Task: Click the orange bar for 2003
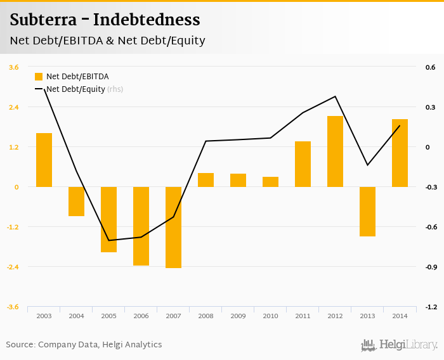44,160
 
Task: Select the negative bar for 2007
173,227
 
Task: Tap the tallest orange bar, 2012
335,151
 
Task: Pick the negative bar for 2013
367,211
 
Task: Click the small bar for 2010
270,182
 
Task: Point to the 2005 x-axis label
108,316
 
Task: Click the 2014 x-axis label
400,316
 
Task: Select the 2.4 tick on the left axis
13,107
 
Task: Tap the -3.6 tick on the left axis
13,307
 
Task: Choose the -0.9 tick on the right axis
431,267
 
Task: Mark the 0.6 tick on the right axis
431,67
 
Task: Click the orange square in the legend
39,77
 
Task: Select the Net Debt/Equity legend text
75,89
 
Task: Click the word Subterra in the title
41,20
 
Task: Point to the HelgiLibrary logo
399,345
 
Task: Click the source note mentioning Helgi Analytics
84,345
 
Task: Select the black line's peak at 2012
335,96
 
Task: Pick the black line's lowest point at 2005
108,240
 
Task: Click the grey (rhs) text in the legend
115,89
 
